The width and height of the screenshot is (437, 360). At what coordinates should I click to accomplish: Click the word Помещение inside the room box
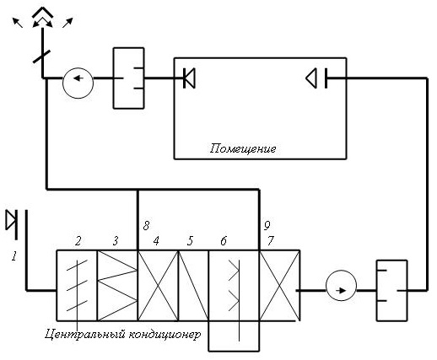[x=243, y=148]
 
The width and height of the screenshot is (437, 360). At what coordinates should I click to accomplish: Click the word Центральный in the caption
[x=85, y=334]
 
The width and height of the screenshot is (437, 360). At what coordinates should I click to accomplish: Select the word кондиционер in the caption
[x=165, y=334]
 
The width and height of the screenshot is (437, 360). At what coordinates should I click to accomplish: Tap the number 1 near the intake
[x=14, y=256]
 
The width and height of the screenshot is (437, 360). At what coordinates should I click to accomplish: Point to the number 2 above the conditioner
[x=78, y=241]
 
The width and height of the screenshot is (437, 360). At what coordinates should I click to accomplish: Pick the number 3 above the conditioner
[x=116, y=241]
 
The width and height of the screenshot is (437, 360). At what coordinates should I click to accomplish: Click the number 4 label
[x=156, y=241]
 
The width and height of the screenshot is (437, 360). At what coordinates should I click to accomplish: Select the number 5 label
[x=190, y=241]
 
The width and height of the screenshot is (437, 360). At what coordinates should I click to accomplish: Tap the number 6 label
[x=224, y=241]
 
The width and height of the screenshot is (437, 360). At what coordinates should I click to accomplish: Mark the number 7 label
[x=270, y=241]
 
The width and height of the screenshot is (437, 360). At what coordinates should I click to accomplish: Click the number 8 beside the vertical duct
[x=146, y=225]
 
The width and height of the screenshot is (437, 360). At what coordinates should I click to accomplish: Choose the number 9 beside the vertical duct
[x=267, y=225]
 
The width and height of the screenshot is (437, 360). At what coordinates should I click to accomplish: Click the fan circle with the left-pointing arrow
[x=78, y=83]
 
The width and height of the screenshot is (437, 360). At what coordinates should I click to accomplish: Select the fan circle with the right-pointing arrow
[x=341, y=286]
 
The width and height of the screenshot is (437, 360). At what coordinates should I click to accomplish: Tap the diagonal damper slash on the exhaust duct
[x=41, y=56]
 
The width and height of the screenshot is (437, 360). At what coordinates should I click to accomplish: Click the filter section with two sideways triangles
[x=117, y=286]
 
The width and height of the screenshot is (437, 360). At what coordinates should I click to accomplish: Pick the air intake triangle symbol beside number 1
[x=12, y=221]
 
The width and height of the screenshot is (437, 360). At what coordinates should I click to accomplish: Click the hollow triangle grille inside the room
[x=311, y=78]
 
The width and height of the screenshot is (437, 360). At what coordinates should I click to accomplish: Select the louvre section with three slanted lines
[x=77, y=286]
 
